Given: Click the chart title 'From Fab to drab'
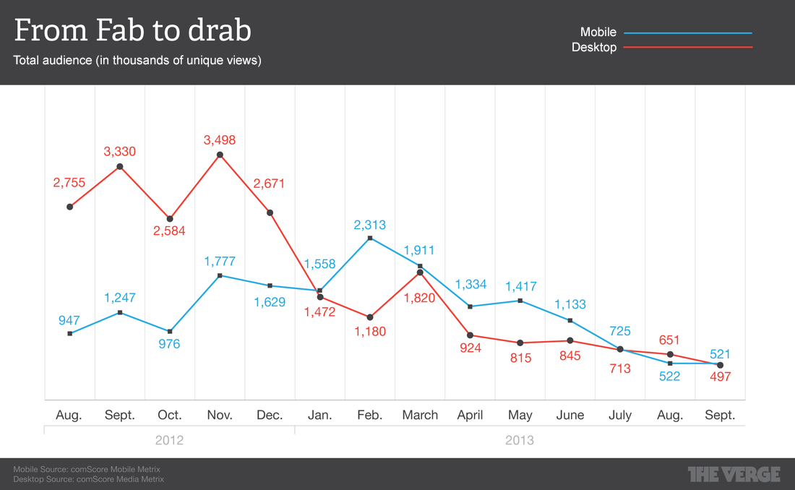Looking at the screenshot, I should [133, 31].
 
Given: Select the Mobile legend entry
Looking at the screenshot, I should [598, 33].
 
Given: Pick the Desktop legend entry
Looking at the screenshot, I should [594, 48].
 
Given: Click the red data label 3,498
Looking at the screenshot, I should [220, 140].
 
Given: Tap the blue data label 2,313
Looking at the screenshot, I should [369, 225].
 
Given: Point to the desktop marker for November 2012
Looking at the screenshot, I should [220, 155].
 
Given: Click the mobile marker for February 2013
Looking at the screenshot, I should [370, 238].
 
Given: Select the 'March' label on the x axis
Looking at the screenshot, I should [420, 416].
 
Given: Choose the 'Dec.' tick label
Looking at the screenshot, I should [270, 416].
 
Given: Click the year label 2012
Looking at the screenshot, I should [169, 440].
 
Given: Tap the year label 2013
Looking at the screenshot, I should [520, 440].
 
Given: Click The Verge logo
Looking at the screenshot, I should [734, 474].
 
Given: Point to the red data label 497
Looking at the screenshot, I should [721, 377].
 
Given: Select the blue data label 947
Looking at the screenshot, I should [69, 321].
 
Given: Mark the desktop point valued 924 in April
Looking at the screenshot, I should [470, 335].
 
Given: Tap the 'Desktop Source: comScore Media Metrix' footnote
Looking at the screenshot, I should [89, 479].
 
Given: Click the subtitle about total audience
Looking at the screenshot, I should [137, 61].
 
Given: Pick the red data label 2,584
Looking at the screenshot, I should [170, 231].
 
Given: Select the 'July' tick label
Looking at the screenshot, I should [620, 416].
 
